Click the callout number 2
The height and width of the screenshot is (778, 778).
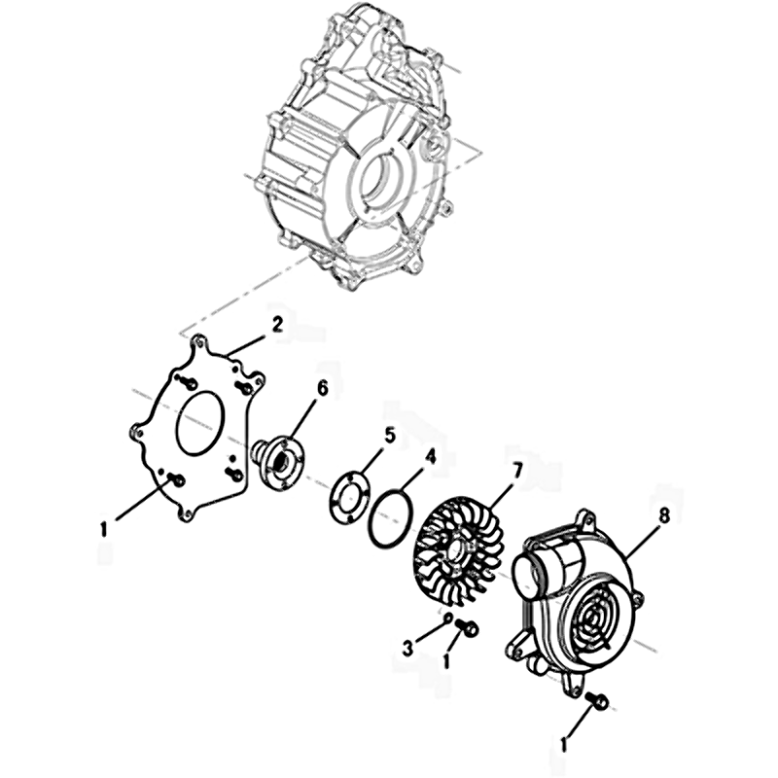[276, 326]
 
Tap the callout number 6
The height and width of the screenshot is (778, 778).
[323, 389]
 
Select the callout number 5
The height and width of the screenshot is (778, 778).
[390, 436]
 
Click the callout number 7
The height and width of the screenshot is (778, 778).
[517, 470]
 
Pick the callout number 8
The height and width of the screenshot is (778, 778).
[664, 515]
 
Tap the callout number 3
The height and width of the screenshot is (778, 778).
[407, 649]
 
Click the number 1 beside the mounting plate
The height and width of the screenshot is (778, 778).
[104, 529]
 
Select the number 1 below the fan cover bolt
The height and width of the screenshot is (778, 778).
[564, 743]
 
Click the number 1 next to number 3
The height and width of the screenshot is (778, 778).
[446, 660]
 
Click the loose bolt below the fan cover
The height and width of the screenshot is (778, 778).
[597, 700]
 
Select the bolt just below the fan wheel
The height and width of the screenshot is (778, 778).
[467, 626]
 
